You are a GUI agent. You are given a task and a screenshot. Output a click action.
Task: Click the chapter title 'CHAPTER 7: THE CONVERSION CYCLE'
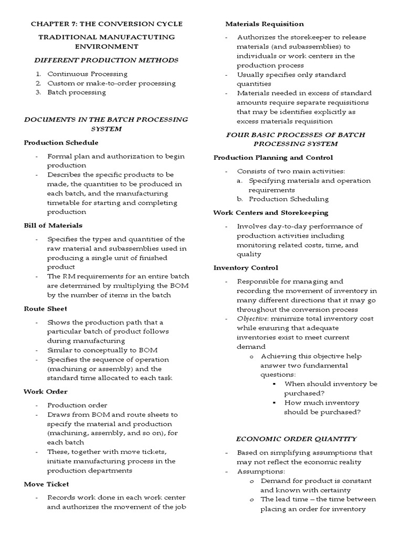coord(107,24)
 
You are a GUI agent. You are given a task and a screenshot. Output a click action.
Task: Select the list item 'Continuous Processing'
coord(87,74)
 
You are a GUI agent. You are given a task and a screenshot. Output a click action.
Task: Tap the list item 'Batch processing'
coord(77,92)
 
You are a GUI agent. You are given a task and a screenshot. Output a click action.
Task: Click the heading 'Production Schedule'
coord(61,143)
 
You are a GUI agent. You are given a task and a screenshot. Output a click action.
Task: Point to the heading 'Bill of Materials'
coord(53,225)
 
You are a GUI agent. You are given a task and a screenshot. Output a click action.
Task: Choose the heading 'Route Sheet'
coord(45,308)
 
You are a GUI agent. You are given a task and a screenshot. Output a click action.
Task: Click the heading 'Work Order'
coord(46,391)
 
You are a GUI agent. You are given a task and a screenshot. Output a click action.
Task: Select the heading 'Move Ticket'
coord(46,484)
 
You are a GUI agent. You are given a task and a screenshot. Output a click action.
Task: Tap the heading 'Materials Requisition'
coord(264,24)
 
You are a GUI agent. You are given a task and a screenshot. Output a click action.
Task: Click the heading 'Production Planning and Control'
coord(273,158)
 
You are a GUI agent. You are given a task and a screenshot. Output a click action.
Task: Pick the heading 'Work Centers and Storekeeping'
coord(271,213)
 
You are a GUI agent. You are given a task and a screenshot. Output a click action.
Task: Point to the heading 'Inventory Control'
coord(246,268)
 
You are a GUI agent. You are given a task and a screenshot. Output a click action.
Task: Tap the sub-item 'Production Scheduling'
coord(289,199)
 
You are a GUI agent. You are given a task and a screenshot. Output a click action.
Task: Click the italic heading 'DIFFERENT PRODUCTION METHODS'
coord(107,60)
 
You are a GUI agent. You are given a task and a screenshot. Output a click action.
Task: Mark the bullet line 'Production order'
coord(70,405)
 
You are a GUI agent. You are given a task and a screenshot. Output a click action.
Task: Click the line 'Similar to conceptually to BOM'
coord(102,350)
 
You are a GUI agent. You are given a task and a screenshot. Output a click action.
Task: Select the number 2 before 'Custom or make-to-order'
coord(38,84)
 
